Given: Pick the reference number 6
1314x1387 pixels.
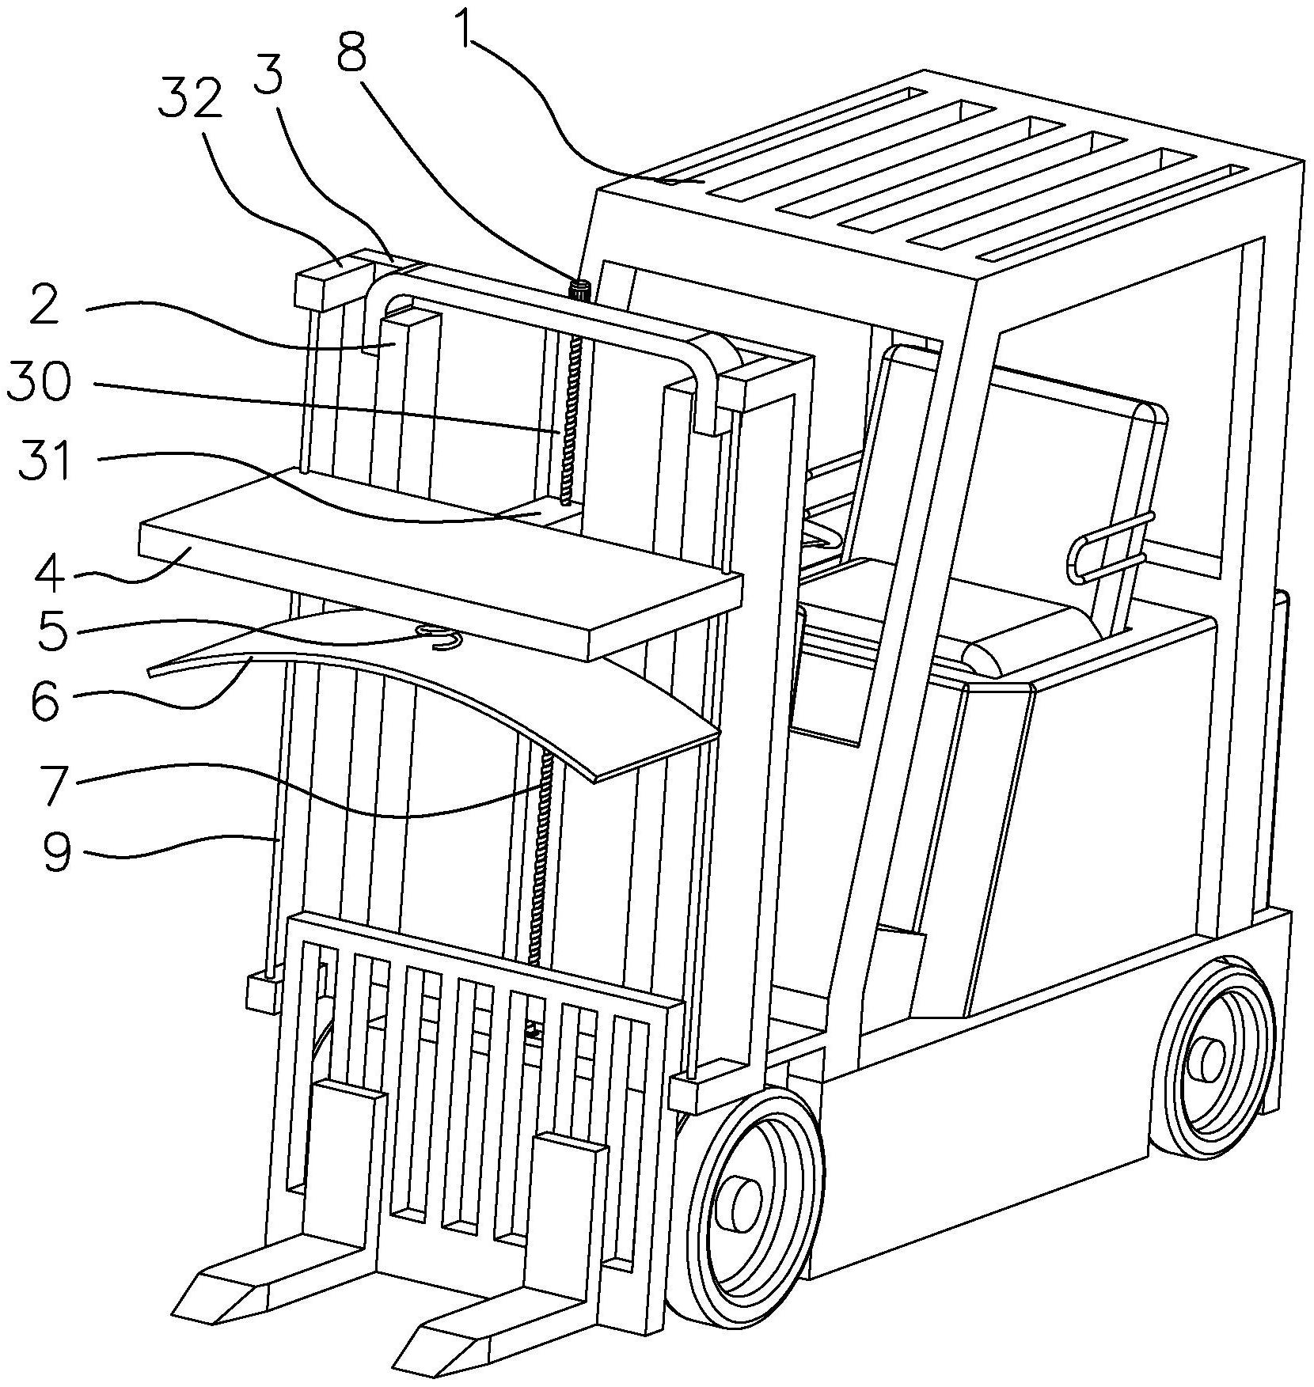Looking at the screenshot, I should tap(46, 701).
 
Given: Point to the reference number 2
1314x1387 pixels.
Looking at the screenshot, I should tap(44, 306).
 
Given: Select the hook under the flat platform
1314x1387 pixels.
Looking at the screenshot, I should tap(440, 635).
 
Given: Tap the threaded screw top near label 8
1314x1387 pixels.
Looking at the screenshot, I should tap(581, 289).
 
